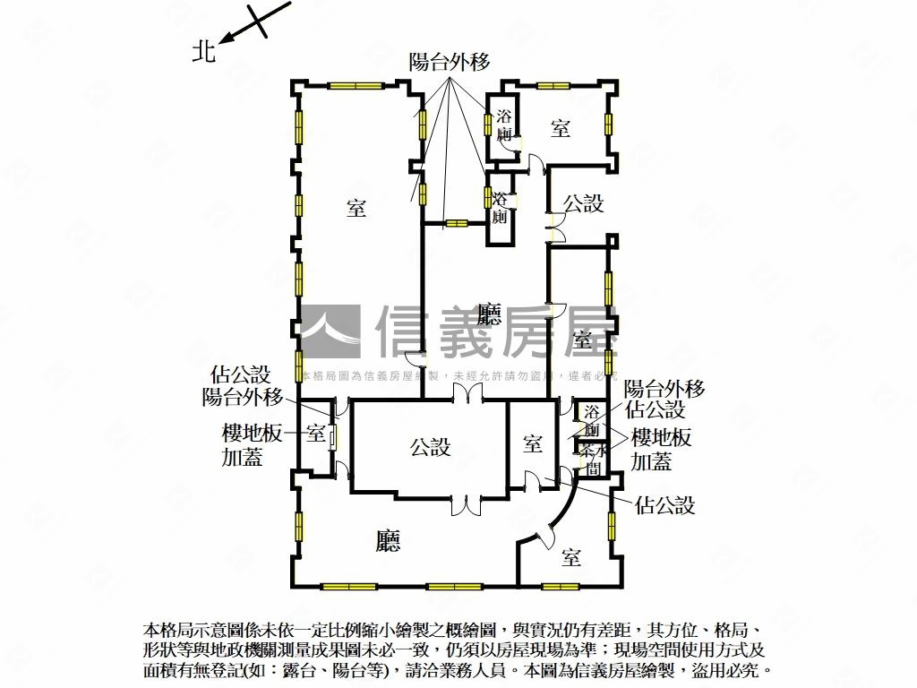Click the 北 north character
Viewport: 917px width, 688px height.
tap(204, 52)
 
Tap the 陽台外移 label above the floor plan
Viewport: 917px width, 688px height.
tap(449, 62)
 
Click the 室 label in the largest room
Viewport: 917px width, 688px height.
tap(356, 209)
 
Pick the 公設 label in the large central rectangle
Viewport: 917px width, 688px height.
tap(430, 446)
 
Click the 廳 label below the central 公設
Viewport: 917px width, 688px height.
tap(388, 540)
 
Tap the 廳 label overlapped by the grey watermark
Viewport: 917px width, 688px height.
tap(489, 314)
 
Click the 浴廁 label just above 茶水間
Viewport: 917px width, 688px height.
tap(592, 421)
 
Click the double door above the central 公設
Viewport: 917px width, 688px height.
tap(465, 395)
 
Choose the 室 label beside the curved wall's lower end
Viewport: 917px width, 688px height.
tap(571, 558)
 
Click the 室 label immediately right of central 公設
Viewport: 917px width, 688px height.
tap(533, 443)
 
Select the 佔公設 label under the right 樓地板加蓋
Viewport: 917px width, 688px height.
tap(664, 504)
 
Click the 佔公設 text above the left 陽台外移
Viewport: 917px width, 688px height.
tap(241, 374)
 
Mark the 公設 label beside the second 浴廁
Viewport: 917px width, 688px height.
tap(583, 203)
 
